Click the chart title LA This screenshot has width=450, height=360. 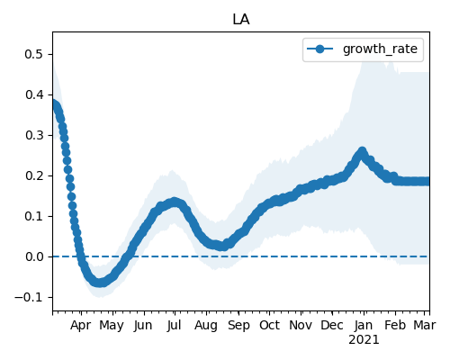[x=241, y=20]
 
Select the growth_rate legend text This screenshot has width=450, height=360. [x=380, y=49]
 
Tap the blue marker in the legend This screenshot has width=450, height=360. [x=320, y=49]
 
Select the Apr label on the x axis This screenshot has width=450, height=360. [x=81, y=326]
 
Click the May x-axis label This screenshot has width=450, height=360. [x=112, y=326]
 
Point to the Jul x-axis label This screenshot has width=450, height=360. [x=174, y=325]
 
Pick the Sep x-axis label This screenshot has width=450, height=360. [x=238, y=326]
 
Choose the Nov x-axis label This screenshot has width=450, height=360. [x=301, y=325]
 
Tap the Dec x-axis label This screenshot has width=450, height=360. [x=332, y=325]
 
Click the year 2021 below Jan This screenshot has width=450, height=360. [x=364, y=340]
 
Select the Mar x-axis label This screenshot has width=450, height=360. [x=425, y=325]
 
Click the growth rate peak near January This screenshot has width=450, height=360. [x=362, y=151]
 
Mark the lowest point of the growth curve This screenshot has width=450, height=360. [x=100, y=283]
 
